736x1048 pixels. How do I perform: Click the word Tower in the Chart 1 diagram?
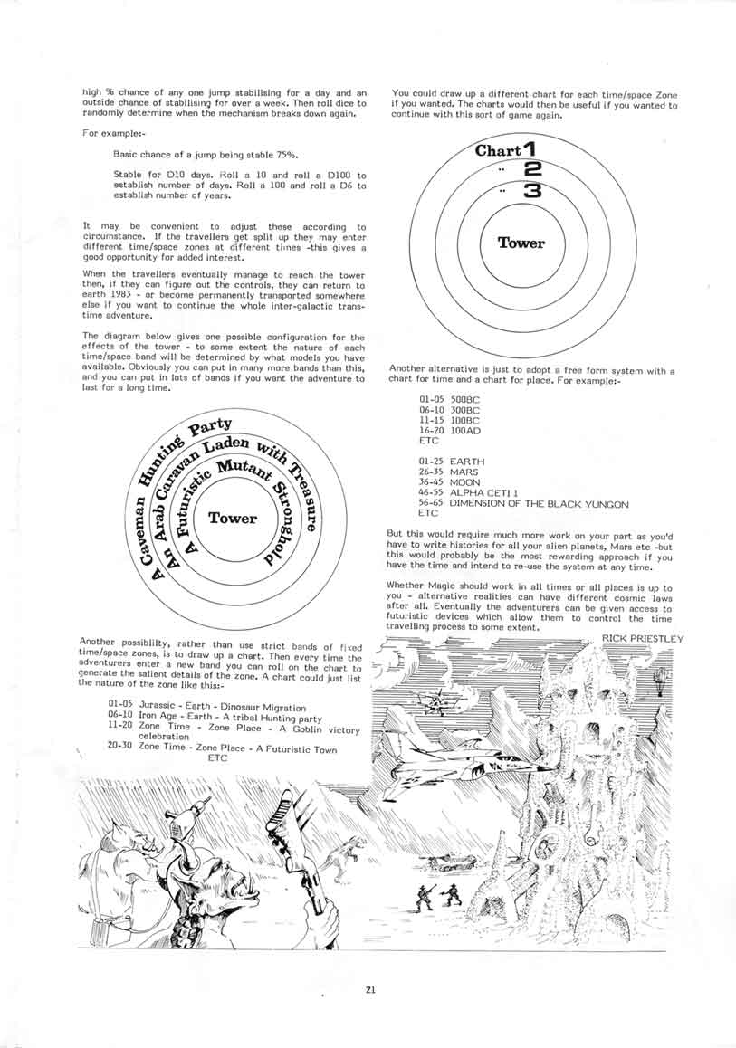point(521,243)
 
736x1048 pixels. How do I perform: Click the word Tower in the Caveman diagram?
point(233,519)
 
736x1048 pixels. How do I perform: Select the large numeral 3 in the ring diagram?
point(533,191)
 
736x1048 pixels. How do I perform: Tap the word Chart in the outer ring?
point(498,150)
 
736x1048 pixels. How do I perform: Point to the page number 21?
point(370,989)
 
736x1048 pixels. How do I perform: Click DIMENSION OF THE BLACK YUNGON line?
point(539,503)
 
